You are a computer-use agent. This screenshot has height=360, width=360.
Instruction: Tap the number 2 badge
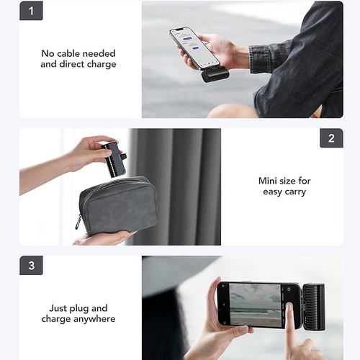click(331, 138)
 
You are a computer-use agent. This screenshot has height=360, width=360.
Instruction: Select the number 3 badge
click(31, 266)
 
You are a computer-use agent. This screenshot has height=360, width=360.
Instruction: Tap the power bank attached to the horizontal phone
click(314, 306)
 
